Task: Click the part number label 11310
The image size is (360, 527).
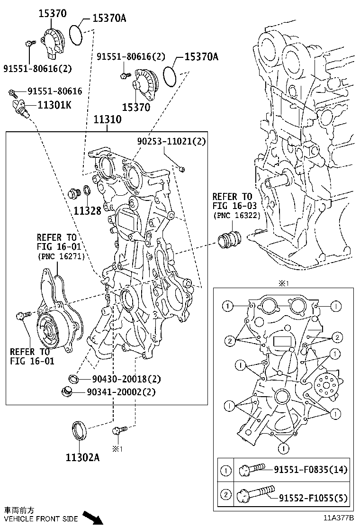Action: click(107, 120)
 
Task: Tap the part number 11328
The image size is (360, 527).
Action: click(87, 210)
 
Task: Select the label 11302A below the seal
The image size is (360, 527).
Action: click(82, 458)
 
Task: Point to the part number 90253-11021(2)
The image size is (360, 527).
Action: click(172, 141)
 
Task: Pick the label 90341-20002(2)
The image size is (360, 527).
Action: click(121, 392)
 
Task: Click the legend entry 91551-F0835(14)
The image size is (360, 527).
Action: click(310, 470)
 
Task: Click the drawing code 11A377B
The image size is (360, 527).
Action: click(339, 519)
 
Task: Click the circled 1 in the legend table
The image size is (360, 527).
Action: click(226, 470)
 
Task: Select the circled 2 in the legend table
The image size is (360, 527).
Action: click(226, 496)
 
